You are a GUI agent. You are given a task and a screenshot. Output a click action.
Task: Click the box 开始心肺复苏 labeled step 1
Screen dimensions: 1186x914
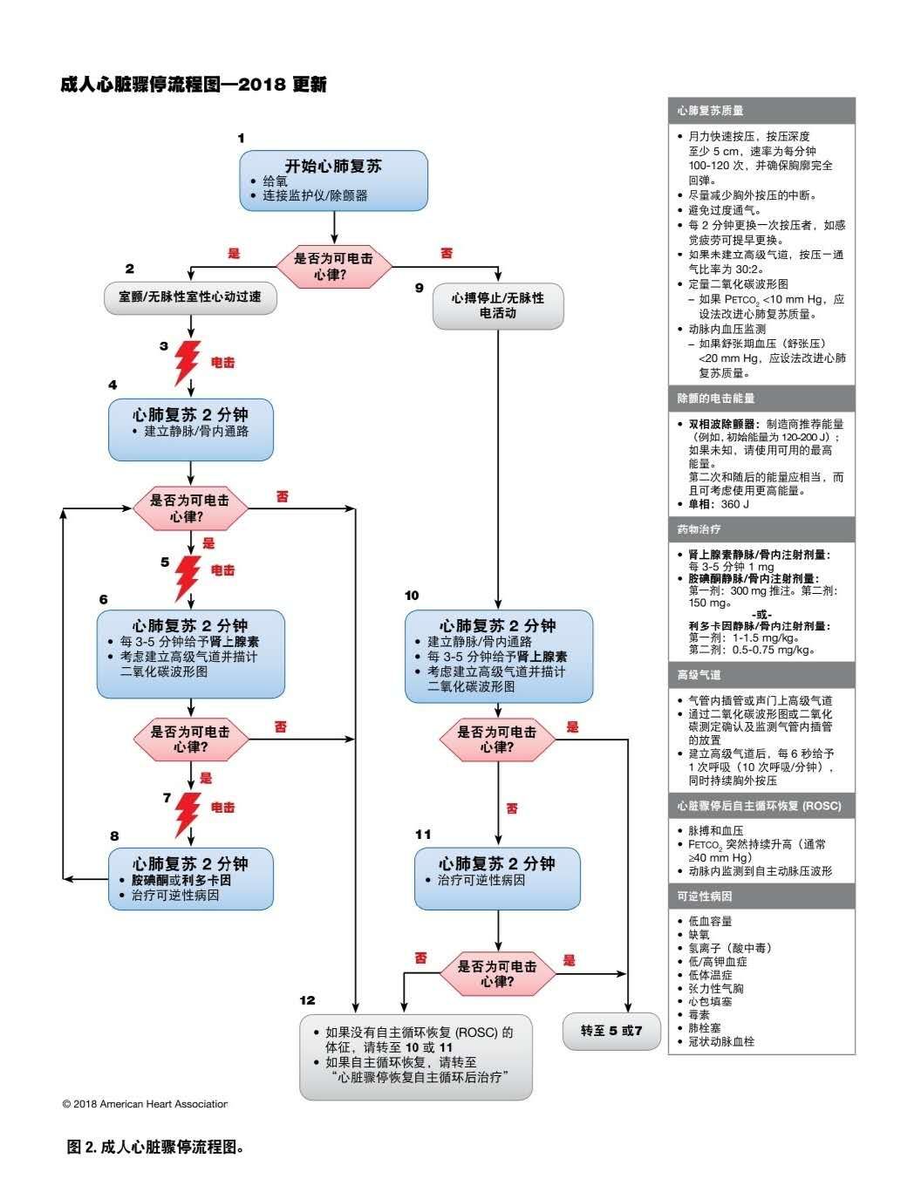[334, 180]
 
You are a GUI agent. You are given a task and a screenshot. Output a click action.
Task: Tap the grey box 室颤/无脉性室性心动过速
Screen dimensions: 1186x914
[189, 296]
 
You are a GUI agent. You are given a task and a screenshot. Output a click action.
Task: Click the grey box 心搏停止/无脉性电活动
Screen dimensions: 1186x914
[498, 305]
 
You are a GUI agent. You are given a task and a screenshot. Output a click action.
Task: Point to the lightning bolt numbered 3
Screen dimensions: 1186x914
[187, 362]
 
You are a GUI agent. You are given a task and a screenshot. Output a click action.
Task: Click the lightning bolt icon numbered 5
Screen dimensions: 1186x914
[188, 576]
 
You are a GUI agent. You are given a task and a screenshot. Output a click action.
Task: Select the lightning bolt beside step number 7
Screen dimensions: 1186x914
[188, 813]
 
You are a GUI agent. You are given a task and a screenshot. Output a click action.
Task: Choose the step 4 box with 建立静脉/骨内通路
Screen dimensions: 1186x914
[190, 429]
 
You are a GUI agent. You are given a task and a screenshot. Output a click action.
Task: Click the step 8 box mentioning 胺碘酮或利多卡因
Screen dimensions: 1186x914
[190, 879]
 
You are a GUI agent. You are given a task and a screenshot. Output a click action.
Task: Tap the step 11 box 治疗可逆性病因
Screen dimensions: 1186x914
[497, 878]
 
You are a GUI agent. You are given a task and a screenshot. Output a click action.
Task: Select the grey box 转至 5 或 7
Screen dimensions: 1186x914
[611, 1031]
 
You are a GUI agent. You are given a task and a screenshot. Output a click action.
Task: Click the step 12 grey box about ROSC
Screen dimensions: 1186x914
[415, 1056]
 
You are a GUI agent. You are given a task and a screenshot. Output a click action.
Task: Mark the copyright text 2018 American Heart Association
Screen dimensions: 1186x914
[145, 1104]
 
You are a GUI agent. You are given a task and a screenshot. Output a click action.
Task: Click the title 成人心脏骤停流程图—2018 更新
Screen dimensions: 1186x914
[193, 85]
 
